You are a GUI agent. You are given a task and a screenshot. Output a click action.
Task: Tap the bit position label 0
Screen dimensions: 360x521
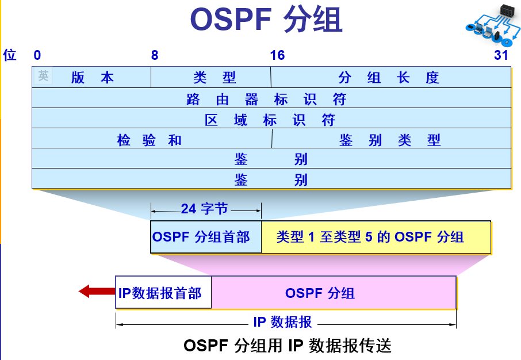coord(37,55)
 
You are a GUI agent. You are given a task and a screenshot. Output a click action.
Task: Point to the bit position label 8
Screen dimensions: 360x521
coord(155,55)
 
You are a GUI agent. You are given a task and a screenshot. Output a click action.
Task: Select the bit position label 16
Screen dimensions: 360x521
coord(277,55)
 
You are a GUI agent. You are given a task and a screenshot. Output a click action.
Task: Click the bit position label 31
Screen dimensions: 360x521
coord(501,55)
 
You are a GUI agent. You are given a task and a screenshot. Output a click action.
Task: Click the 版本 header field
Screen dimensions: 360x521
coord(92,78)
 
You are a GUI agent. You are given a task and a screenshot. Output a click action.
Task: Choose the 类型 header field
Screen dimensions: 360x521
coord(211,78)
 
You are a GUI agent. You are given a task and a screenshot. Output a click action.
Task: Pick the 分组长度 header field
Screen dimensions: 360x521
coord(390,78)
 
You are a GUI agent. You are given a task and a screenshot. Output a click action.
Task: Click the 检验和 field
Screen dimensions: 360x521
coord(151,140)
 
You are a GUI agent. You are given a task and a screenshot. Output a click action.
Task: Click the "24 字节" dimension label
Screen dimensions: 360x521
coord(205,209)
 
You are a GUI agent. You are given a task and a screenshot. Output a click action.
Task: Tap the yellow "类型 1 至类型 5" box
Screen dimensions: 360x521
coord(376,237)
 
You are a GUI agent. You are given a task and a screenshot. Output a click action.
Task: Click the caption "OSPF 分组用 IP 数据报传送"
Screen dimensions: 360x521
coord(288,346)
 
